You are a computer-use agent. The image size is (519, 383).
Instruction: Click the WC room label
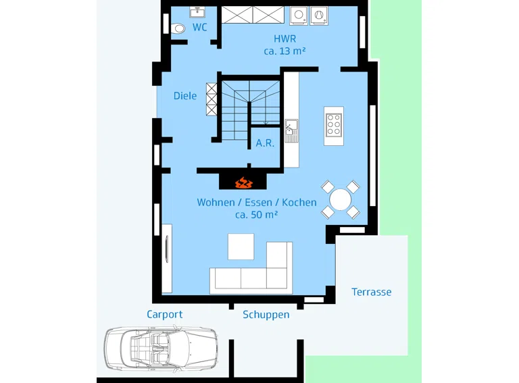tap(199, 27)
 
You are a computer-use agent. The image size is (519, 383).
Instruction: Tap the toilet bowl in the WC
tap(178, 28)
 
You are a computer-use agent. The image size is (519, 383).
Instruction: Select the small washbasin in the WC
tap(197, 12)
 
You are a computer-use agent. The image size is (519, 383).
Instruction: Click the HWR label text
tap(285, 39)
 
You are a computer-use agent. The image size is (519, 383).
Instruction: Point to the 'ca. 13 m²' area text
tap(285, 51)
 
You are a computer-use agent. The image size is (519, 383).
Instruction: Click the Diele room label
tap(185, 96)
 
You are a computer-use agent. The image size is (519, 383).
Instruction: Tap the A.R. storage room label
tap(265, 143)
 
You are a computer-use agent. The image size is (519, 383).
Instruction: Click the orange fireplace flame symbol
tap(244, 182)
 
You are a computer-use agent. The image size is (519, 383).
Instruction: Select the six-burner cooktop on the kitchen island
tap(334, 125)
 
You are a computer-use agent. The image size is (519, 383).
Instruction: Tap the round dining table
tap(341, 199)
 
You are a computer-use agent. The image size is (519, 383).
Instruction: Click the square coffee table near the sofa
tap(241, 247)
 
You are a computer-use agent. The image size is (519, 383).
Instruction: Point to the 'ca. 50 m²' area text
tap(257, 215)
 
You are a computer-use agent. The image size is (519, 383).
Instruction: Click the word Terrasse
tap(372, 292)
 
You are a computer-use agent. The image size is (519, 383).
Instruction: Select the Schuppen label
tap(266, 315)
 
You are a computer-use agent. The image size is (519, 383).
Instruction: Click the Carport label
tap(164, 314)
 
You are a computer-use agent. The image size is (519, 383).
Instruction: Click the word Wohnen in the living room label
tap(216, 202)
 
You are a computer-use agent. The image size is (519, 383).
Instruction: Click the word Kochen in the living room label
tap(299, 202)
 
